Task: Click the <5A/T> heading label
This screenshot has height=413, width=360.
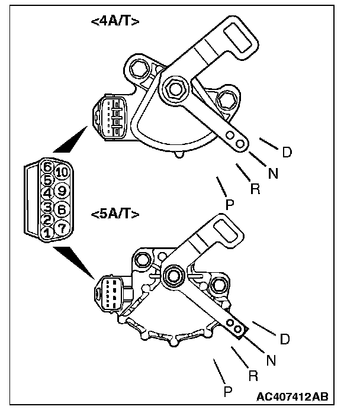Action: point(116,214)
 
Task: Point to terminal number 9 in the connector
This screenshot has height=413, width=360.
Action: point(62,191)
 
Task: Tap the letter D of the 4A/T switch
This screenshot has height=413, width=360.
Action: point(287,152)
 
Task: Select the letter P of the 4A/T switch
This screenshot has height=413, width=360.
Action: point(230,204)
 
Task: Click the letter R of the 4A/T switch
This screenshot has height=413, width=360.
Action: point(255,189)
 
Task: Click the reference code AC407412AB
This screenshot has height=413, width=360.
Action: point(292,396)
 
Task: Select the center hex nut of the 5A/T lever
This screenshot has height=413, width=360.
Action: point(174,274)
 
